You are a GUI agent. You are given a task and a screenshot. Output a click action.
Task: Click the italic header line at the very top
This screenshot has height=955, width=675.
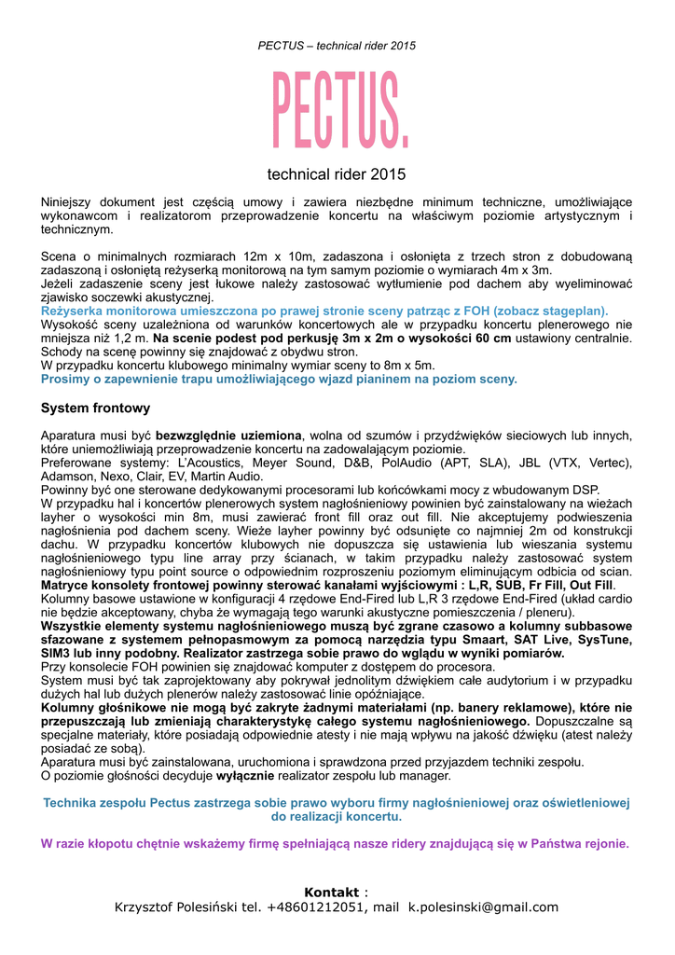click(337, 46)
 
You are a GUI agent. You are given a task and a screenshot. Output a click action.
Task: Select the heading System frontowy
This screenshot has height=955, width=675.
click(95, 408)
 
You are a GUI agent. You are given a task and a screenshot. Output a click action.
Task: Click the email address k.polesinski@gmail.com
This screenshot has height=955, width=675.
click(483, 907)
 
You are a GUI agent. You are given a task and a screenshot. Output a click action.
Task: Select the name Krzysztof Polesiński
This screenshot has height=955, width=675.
click(177, 907)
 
